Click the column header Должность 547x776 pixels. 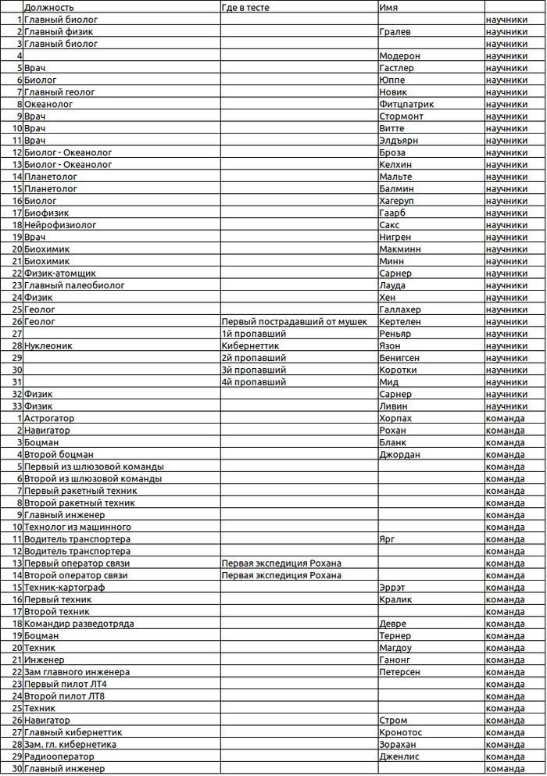coord(49,6)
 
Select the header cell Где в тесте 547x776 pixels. coord(248,6)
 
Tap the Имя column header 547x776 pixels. coord(388,6)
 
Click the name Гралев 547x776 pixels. coord(395,32)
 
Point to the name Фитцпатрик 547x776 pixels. coord(406,104)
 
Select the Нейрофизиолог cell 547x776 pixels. coord(60,225)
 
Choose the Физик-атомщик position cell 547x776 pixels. coord(60,274)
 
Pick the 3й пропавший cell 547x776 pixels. coord(253,370)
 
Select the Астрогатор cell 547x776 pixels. coord(52,418)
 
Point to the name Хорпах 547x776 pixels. coord(395,418)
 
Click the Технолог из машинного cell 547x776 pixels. coord(77,527)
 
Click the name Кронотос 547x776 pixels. coord(400,732)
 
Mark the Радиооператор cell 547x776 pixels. coord(59,756)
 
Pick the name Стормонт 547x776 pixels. coord(401,116)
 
